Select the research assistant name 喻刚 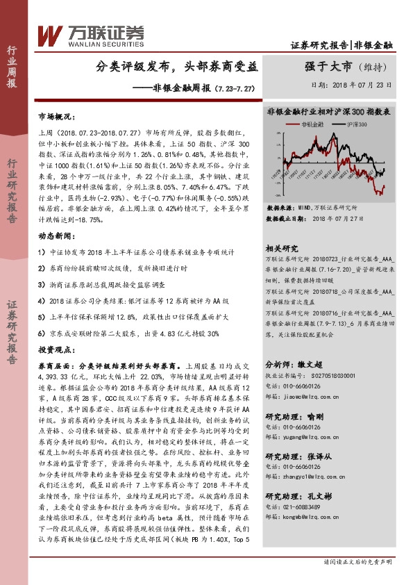[x=314, y=416]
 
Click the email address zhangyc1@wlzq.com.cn [x=313, y=477]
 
